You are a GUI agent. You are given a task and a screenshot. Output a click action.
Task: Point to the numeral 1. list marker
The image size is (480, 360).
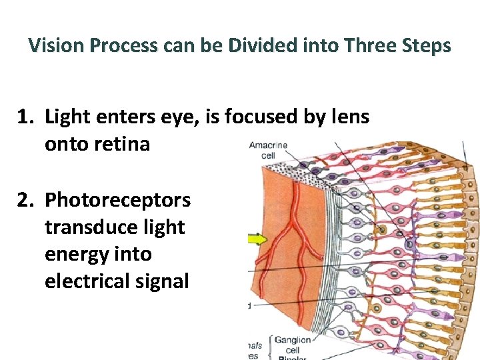pos(26,117)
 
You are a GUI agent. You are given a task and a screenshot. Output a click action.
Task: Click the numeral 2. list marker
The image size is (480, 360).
pos(26,199)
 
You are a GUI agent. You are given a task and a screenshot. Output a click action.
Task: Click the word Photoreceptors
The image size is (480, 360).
pos(117,199)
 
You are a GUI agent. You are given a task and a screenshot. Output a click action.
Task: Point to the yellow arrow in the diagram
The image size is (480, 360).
pos(256,237)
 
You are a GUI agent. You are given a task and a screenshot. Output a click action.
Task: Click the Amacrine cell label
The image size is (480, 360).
pos(268,150)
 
